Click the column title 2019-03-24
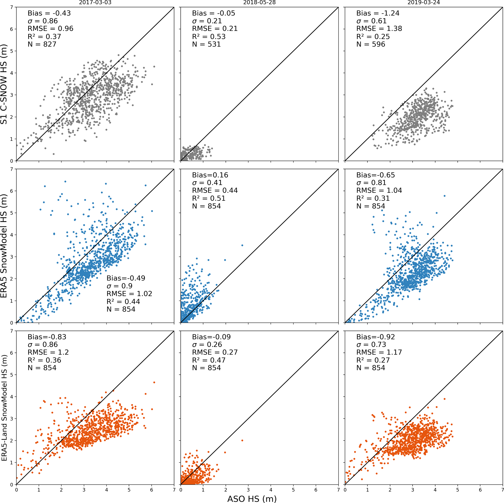424,3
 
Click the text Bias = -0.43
49,13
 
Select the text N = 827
42,44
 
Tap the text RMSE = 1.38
379,29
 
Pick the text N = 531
206,44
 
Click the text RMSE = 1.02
129,294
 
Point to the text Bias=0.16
210,175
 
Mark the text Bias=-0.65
376,175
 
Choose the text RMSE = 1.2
48,353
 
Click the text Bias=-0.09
211,337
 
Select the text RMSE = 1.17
379,353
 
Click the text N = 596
371,44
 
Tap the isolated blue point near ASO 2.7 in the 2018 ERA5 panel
242,245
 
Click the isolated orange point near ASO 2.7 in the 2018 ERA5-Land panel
242,440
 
